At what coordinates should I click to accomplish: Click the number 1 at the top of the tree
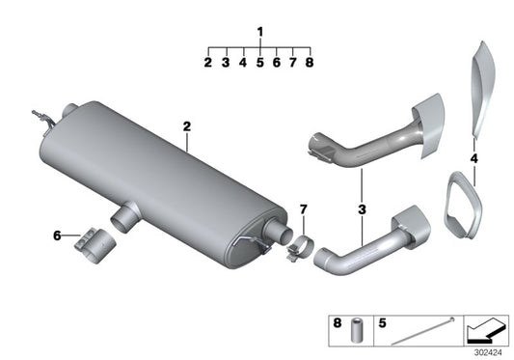(259, 32)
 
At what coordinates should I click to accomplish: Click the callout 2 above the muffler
(187, 126)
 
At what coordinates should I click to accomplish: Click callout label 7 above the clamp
(302, 209)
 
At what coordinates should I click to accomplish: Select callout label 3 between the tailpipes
(361, 208)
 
